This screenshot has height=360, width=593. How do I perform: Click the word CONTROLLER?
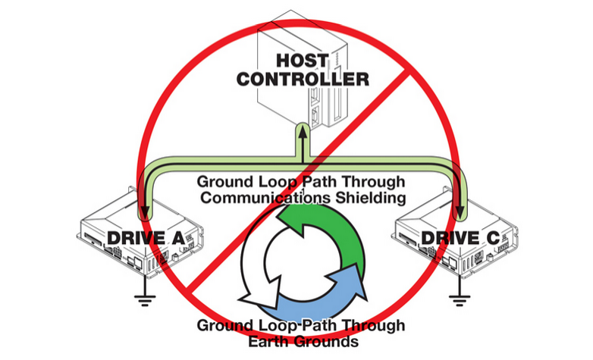(302, 79)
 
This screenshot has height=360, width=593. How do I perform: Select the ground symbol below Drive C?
(457, 299)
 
